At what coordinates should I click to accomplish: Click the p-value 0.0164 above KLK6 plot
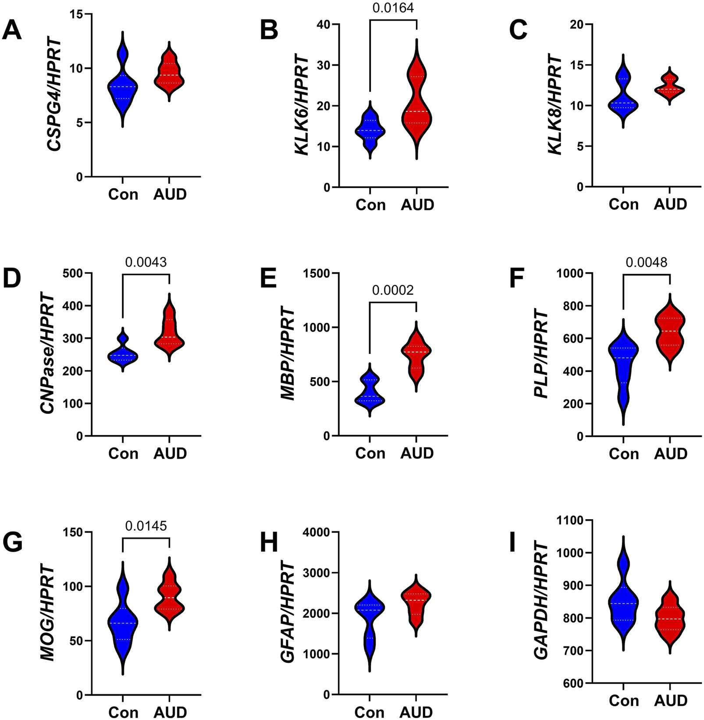coord(393,8)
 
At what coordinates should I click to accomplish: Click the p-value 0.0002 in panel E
coord(393,290)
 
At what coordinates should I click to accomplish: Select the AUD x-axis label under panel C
coord(670,204)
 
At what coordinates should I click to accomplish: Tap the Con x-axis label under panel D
coord(123,453)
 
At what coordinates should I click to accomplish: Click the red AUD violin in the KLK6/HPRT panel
coord(416,105)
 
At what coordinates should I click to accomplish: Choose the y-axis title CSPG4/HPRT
coord(54,96)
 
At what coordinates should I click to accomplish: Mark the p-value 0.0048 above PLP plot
coord(646,262)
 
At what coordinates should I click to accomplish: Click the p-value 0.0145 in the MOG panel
coord(146,526)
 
